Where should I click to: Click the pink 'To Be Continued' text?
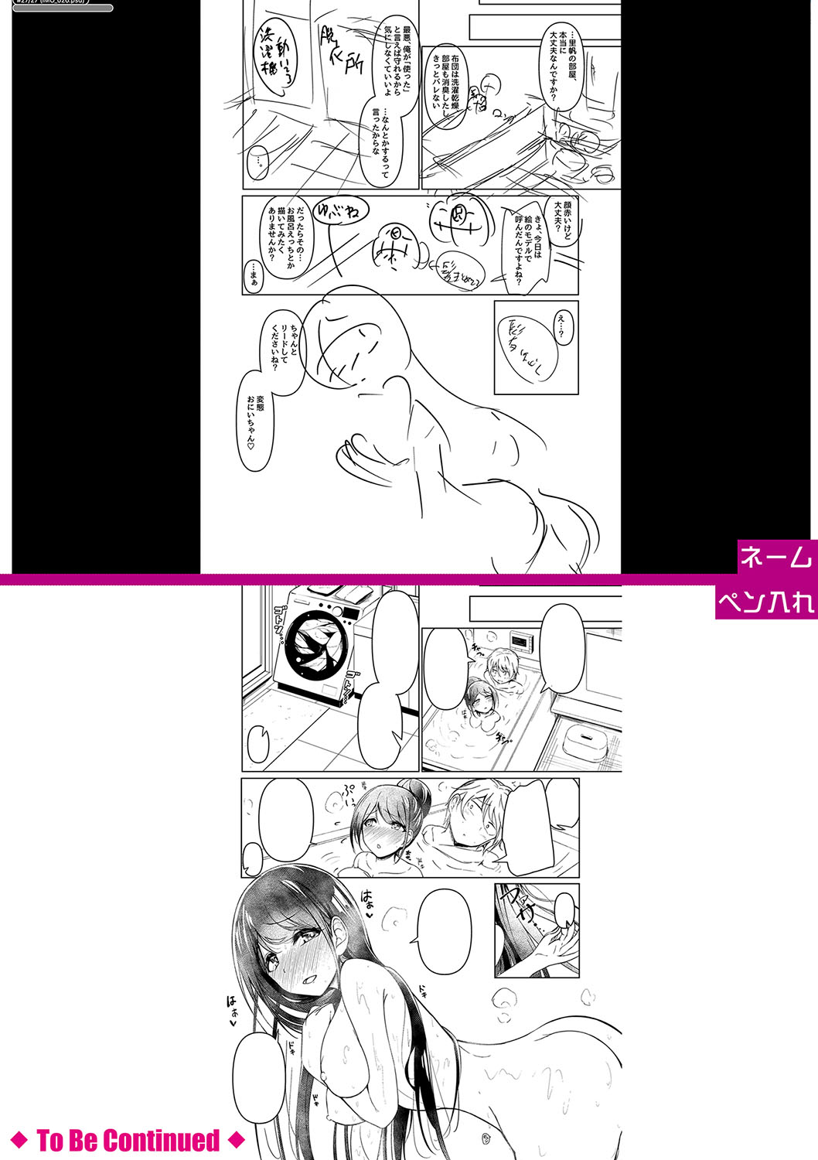coord(128,1140)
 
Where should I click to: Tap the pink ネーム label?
coord(776,556)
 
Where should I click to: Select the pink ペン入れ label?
coord(766,602)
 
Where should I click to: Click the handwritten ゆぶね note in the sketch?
coord(338,210)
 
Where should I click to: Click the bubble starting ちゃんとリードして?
coord(285,343)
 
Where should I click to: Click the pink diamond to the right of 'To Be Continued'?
coord(237,1140)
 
